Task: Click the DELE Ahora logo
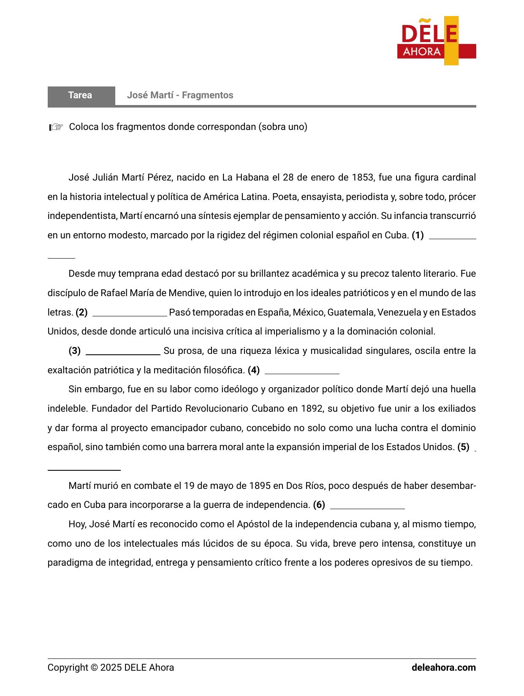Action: click(x=436, y=41)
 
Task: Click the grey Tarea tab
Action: click(x=81, y=95)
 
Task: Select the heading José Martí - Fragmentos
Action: click(x=180, y=95)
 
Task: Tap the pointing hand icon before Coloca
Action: click(x=56, y=127)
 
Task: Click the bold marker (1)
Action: click(x=418, y=235)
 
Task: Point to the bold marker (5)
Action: click(x=463, y=447)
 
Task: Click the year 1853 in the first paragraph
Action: click(x=363, y=177)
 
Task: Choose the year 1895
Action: click(x=260, y=486)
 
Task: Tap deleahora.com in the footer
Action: click(x=443, y=668)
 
